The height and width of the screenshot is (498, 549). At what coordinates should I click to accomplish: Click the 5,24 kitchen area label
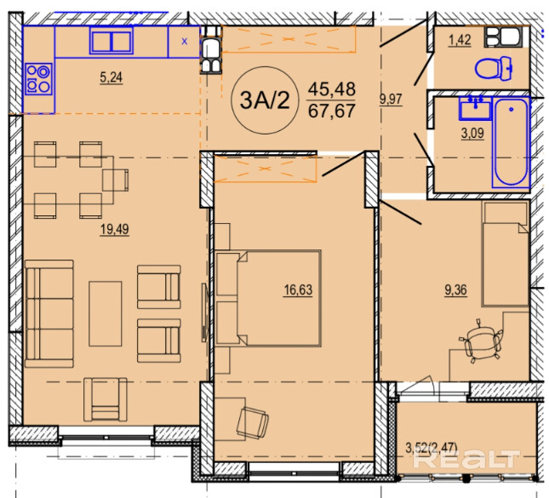(x=111, y=77)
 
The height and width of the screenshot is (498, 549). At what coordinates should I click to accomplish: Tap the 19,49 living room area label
(x=115, y=229)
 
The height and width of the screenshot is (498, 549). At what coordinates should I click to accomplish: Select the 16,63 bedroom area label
(x=298, y=290)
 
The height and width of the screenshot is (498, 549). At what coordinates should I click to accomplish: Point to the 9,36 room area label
(x=455, y=290)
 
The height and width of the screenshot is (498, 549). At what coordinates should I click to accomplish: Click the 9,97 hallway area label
(x=391, y=99)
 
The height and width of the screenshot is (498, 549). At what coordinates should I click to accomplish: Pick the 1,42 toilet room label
(x=460, y=40)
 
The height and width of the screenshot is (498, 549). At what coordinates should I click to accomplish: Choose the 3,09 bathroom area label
(x=472, y=133)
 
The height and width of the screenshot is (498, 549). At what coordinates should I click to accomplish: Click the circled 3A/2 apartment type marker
(x=265, y=100)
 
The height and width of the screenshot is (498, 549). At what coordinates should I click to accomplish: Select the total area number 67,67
(x=332, y=111)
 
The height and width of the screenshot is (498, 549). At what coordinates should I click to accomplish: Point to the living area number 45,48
(x=332, y=89)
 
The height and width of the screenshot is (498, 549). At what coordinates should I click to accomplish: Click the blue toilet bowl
(x=494, y=68)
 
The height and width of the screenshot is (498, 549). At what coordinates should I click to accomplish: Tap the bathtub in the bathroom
(x=511, y=143)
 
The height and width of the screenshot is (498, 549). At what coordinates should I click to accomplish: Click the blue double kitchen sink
(x=112, y=41)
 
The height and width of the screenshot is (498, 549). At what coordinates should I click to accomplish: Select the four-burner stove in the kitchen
(x=38, y=79)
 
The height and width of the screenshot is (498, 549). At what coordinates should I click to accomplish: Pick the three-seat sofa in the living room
(x=49, y=313)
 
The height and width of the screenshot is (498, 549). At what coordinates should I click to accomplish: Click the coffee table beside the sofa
(x=106, y=313)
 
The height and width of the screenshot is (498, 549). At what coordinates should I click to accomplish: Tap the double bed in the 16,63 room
(x=268, y=298)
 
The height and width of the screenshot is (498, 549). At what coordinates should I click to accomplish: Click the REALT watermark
(x=466, y=459)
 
